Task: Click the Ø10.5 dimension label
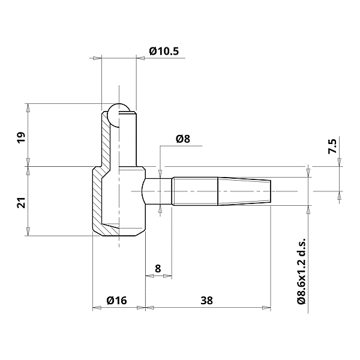164,52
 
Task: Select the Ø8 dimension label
183,139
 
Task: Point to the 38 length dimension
207,299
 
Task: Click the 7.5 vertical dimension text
333,146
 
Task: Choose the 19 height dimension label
21,137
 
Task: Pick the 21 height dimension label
21,203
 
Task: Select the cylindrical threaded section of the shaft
195,191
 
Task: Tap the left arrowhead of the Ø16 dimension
95,308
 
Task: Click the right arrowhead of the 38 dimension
268,308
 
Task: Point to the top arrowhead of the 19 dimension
28,107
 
